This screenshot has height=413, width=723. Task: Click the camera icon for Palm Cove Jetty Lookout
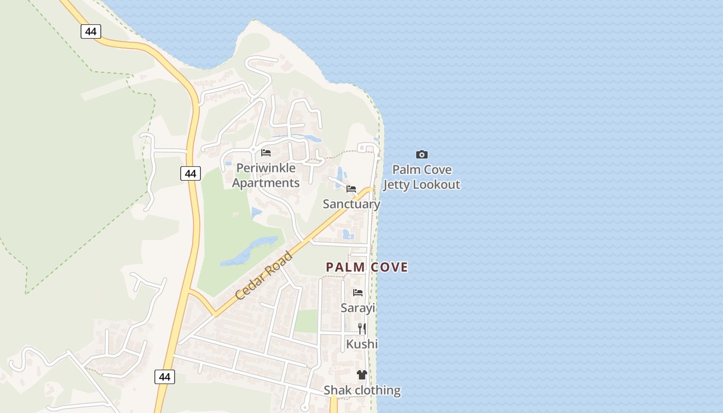pyautogui.click(x=422, y=154)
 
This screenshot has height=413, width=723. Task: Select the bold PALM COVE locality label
pyautogui.click(x=367, y=267)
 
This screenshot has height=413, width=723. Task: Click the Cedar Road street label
pyautogui.click(x=264, y=275)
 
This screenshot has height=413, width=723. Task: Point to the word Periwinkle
pyautogui.click(x=266, y=168)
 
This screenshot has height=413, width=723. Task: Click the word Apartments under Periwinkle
pyautogui.click(x=265, y=183)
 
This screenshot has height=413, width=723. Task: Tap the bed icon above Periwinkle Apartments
pyautogui.click(x=266, y=153)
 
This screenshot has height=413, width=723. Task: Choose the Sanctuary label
pyautogui.click(x=351, y=204)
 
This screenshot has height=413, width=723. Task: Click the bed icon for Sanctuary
pyautogui.click(x=351, y=189)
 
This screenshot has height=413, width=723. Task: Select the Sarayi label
pyautogui.click(x=357, y=308)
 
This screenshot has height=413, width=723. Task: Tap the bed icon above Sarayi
pyautogui.click(x=357, y=293)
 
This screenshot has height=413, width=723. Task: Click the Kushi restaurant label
pyautogui.click(x=361, y=344)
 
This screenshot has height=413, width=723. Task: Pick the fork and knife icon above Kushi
pyautogui.click(x=362, y=328)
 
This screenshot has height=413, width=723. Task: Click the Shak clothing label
pyautogui.click(x=362, y=390)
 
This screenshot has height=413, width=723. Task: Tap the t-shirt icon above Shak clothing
pyautogui.click(x=361, y=375)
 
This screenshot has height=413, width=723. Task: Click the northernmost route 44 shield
pyautogui.click(x=91, y=31)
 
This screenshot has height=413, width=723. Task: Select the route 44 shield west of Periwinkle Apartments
pyautogui.click(x=191, y=173)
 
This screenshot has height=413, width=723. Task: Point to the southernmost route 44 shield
pyautogui.click(x=165, y=377)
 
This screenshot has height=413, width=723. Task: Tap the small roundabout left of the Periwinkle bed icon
pyautogui.click(x=253, y=150)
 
